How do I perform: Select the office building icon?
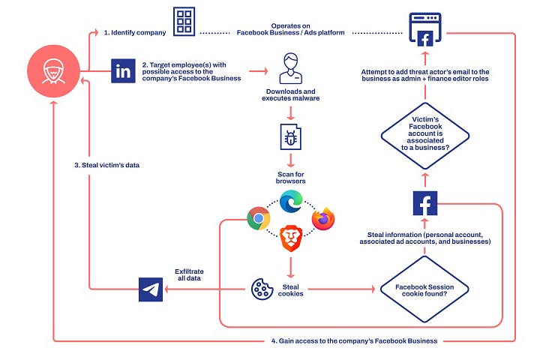184,22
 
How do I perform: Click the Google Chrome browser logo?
259,218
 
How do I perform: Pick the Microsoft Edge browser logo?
290,202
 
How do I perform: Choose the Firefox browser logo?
322,218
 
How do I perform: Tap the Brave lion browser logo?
290,238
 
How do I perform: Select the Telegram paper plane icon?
151,288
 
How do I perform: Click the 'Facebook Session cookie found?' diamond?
424,288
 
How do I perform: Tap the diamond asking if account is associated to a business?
424,133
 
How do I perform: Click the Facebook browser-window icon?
424,29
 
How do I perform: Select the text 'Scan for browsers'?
290,177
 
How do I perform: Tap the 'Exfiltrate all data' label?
190,275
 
